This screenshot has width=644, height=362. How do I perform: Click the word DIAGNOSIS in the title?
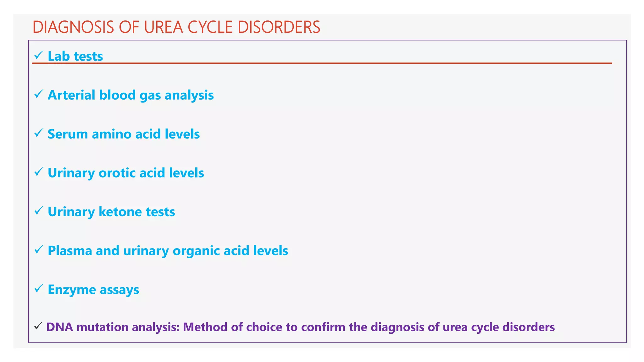pyautogui.click(x=73, y=27)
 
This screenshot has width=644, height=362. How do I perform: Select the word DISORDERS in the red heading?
pyautogui.click(x=279, y=27)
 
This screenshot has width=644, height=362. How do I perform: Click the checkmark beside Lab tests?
pyautogui.click(x=38, y=55)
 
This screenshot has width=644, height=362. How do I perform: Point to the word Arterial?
pyautogui.click(x=71, y=95)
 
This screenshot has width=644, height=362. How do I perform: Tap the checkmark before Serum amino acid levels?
pyautogui.click(x=38, y=133)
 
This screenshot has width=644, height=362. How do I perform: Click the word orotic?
pyautogui.click(x=117, y=173)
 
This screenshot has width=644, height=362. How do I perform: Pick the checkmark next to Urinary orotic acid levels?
pyautogui.click(x=38, y=172)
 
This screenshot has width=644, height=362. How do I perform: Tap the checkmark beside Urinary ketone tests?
pyautogui.click(x=38, y=211)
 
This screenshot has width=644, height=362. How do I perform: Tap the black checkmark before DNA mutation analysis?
pyautogui.click(x=38, y=326)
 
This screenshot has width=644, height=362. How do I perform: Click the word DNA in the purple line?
pyautogui.click(x=59, y=327)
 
